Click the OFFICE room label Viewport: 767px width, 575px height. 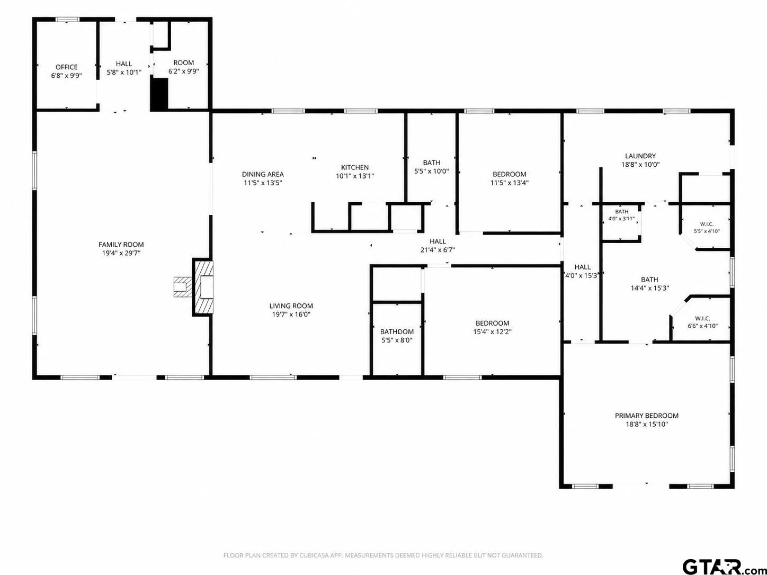[67, 67]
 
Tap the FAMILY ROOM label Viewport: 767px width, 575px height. [121, 245]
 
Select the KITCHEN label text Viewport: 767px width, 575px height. [355, 168]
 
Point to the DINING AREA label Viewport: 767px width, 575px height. [263, 174]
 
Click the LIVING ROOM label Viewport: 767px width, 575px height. [291, 306]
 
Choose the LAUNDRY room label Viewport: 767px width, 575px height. [640, 156]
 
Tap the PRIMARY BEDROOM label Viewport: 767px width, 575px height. [647, 416]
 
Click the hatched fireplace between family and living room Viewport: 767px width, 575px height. [203, 287]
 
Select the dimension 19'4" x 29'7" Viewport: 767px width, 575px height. [121, 253]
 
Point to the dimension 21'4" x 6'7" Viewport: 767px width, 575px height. [438, 250]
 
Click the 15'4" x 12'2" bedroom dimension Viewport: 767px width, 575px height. [492, 331]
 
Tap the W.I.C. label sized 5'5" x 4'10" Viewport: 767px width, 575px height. [707, 228]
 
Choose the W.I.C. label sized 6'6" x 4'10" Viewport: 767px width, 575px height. [702, 322]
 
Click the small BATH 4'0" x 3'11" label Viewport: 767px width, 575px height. [622, 215]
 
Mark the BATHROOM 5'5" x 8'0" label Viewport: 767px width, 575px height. [397, 336]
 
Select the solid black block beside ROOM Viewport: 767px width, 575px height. [159, 94]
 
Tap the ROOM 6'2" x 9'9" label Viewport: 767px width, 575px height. [183, 67]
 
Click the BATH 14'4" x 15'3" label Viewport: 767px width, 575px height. [649, 284]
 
